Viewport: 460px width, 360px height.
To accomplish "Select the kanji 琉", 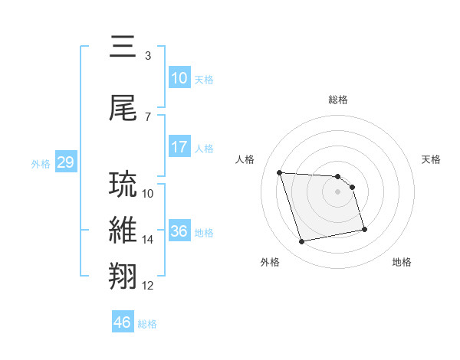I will (125, 185).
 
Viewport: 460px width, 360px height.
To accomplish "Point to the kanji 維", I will (125, 231).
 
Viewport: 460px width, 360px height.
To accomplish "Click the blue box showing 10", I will (179, 79).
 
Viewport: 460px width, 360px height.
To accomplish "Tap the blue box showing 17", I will (179, 147).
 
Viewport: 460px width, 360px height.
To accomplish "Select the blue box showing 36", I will (179, 231).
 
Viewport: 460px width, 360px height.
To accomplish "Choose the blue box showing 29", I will (65, 163).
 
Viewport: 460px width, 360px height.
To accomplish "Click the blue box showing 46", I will (123, 322).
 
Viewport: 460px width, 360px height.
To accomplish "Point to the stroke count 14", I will (148, 240).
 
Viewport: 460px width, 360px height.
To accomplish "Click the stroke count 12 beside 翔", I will (148, 286).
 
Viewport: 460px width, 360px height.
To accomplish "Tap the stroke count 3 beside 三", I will (148, 56).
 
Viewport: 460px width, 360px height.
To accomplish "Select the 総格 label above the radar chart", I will (338, 100).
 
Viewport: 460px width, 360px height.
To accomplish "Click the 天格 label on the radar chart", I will (432, 159).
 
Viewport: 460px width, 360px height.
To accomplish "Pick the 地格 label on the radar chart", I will (402, 262).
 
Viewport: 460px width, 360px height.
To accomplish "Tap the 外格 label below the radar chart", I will (270, 262).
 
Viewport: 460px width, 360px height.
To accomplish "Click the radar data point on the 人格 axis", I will (280, 172).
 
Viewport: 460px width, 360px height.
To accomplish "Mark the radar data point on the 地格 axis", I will (364, 228).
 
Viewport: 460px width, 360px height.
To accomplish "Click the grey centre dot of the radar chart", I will (338, 191).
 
